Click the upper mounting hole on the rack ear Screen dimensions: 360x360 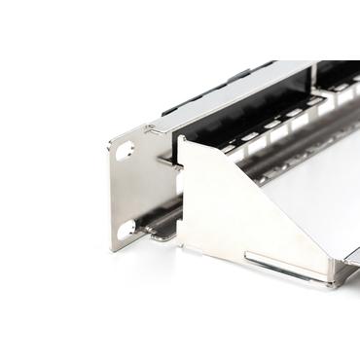click(125, 152)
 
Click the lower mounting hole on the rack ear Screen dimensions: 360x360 click(126, 230)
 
